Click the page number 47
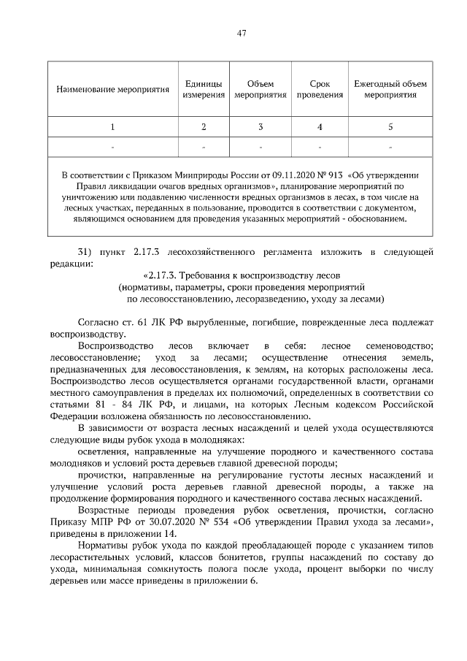(242, 33)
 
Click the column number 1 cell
(113, 127)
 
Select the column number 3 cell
(260, 127)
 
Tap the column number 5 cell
(390, 127)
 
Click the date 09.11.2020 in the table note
(274, 176)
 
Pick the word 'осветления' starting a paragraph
(102, 453)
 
